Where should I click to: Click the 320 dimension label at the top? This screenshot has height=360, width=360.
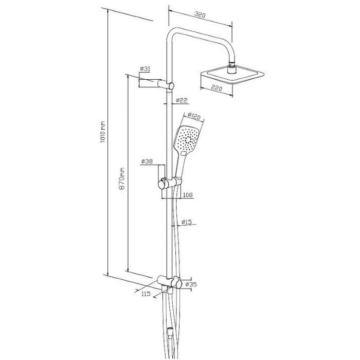click(x=200, y=15)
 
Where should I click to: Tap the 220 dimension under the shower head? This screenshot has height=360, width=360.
click(x=217, y=88)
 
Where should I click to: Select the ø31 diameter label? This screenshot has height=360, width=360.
click(x=145, y=68)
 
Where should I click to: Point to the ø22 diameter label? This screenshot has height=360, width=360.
click(x=182, y=100)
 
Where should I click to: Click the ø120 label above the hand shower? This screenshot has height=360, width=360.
click(x=194, y=116)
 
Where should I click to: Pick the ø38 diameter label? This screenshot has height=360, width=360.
click(x=147, y=161)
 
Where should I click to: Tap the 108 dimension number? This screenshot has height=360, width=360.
click(x=188, y=195)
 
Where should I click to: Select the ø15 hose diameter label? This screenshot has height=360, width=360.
click(x=186, y=222)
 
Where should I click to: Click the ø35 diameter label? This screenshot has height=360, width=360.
click(x=191, y=284)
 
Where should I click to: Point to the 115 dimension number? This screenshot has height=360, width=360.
click(x=146, y=294)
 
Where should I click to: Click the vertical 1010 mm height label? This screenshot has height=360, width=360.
click(x=103, y=132)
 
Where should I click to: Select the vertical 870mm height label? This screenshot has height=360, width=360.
click(x=122, y=178)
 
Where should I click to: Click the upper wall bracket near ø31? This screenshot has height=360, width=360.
click(x=156, y=84)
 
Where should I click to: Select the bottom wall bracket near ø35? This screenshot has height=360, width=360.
click(x=170, y=282)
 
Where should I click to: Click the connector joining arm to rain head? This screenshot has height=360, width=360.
click(x=231, y=67)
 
